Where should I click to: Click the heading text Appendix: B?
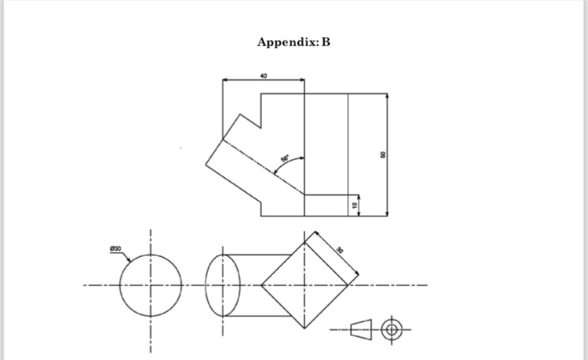(293, 42)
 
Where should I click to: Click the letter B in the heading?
(326, 42)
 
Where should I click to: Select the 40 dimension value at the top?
(263, 75)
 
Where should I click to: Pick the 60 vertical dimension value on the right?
(383, 155)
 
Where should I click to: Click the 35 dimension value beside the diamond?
(340, 249)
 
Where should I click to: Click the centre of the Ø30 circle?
(150, 286)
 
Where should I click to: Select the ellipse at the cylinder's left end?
(222, 286)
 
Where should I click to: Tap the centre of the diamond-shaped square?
(305, 286)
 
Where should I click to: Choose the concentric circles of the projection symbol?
(391, 329)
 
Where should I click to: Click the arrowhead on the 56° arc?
(303, 158)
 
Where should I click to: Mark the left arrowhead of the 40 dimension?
(225, 80)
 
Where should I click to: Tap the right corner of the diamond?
(349, 286)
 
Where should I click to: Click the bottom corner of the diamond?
(305, 329)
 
